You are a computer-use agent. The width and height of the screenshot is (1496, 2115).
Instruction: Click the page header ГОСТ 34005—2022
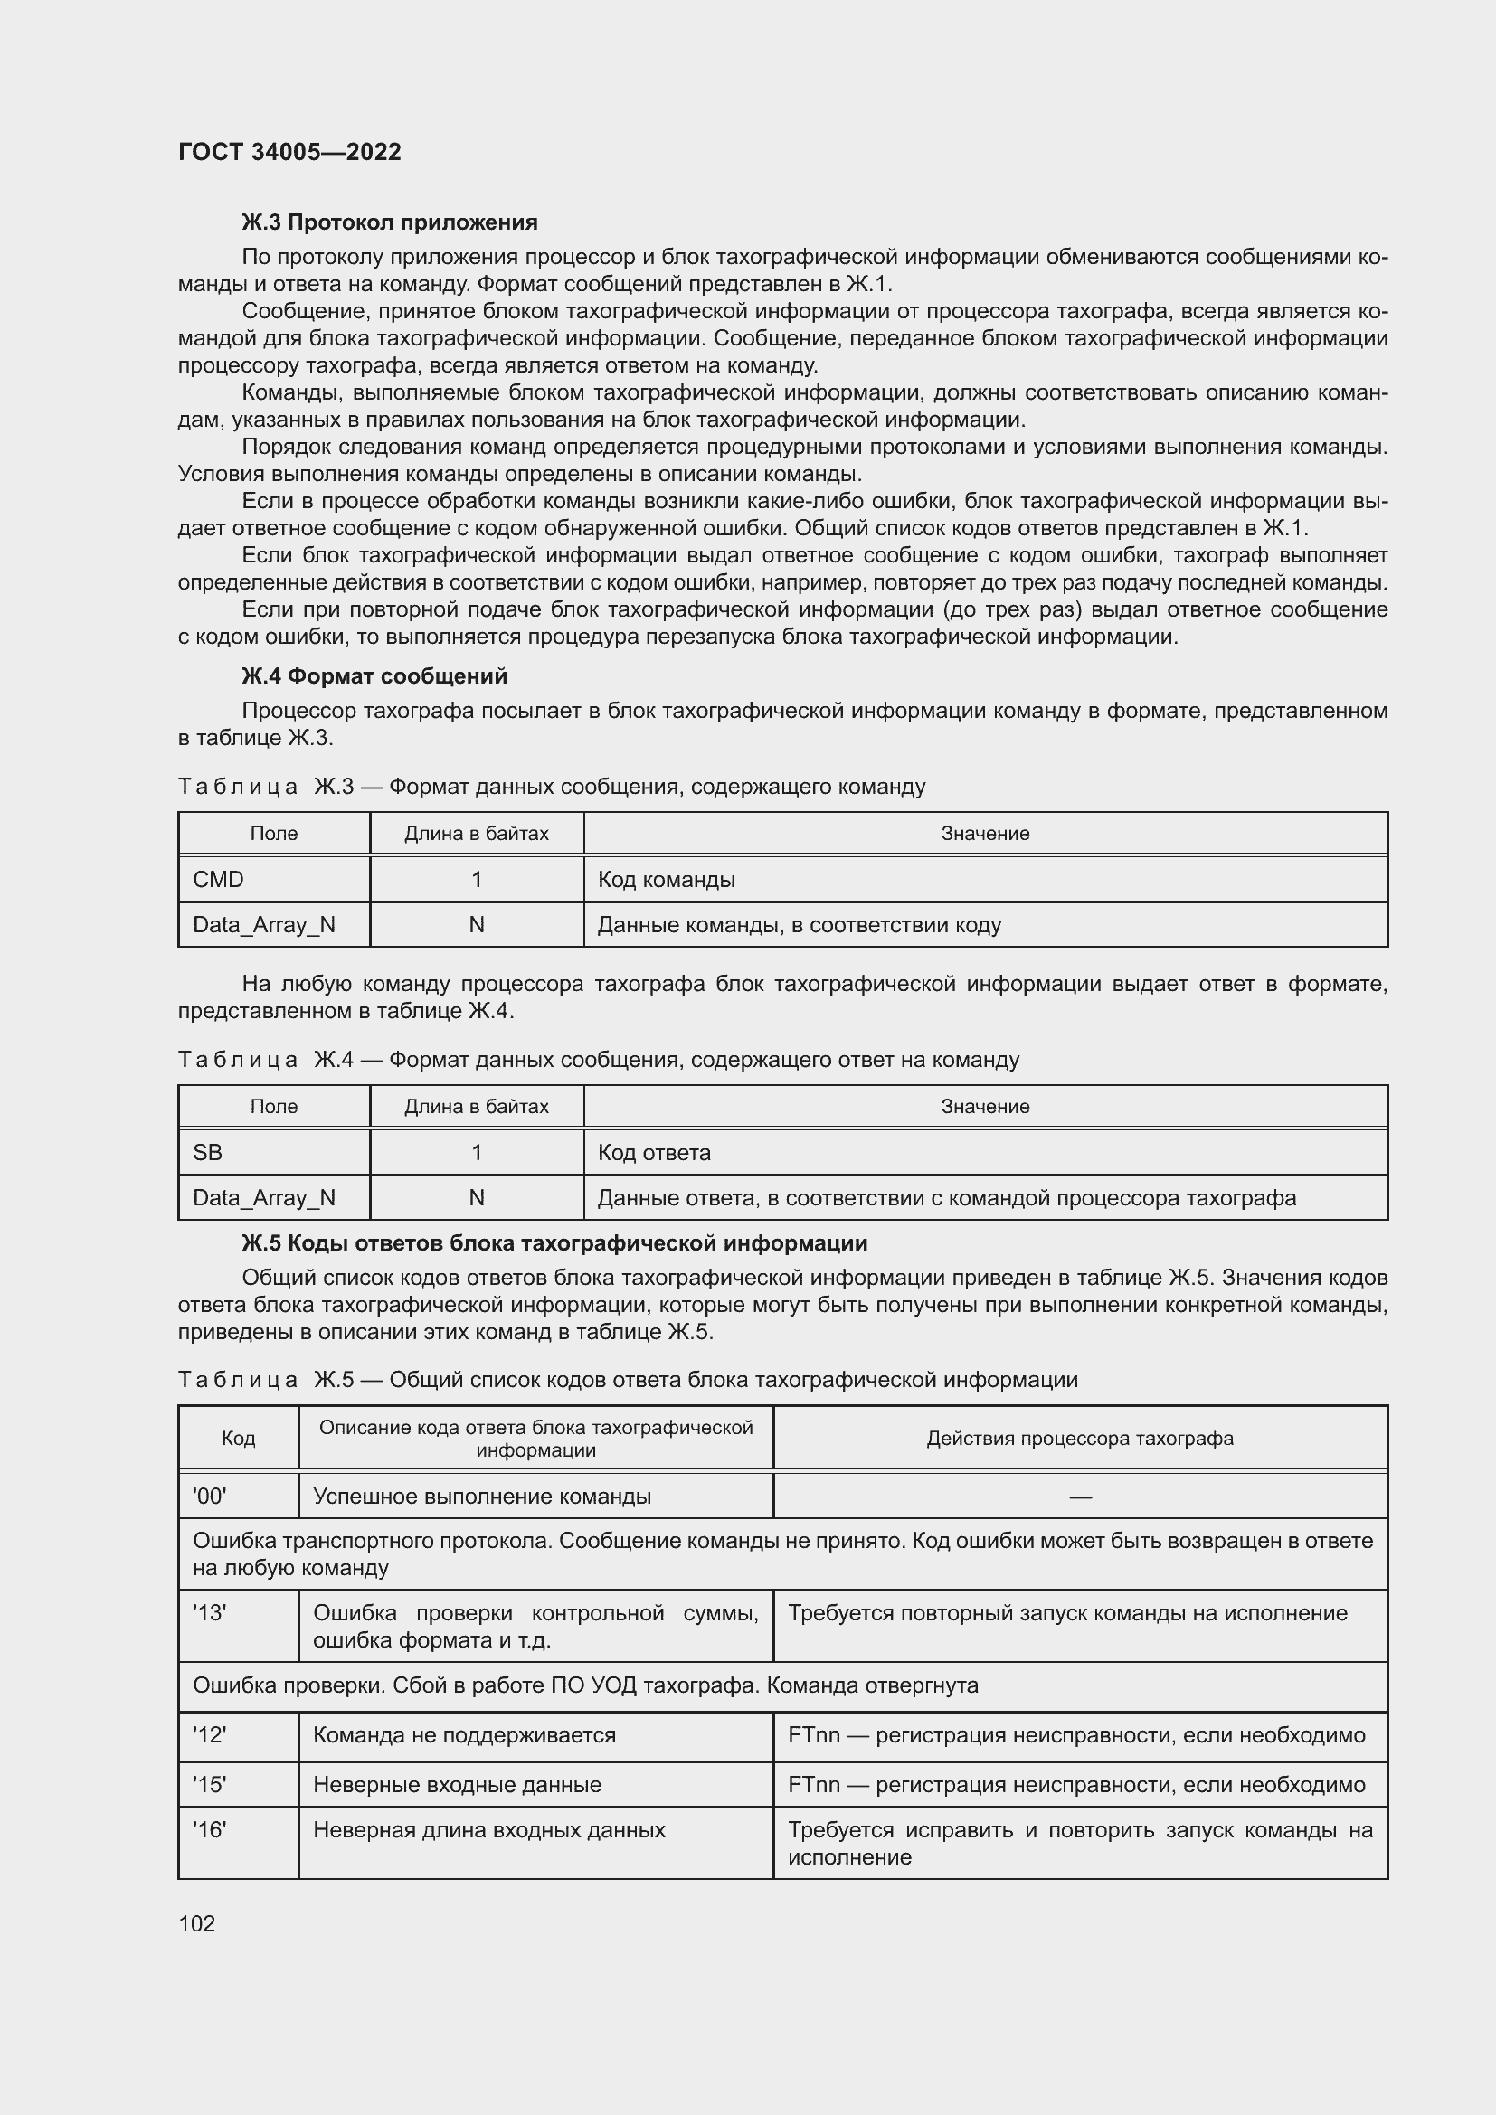[289, 152]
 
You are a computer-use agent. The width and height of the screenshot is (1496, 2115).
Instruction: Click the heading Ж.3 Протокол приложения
[389, 223]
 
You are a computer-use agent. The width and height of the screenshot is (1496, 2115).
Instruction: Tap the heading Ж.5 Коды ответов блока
[554, 1243]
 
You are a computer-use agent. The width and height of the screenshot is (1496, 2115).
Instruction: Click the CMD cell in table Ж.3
[218, 880]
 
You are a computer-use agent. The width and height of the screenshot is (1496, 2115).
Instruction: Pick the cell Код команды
[666, 880]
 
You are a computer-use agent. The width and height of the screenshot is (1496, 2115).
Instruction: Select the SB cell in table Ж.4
[207, 1152]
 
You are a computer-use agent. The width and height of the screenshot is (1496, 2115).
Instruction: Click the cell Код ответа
[654, 1152]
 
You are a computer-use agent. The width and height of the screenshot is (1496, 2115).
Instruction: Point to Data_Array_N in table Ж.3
[263, 925]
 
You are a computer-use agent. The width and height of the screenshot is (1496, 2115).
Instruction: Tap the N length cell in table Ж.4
[477, 1197]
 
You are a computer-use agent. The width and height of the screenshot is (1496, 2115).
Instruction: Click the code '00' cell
[209, 1496]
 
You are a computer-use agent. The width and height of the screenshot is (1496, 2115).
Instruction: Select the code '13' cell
[209, 1613]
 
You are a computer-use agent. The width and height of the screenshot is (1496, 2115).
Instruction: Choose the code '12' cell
[209, 1735]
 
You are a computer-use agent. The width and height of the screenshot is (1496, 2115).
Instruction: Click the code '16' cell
[209, 1830]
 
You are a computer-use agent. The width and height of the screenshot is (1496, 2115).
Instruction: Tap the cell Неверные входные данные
[457, 1785]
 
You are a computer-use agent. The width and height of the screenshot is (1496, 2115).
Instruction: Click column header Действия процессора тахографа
[1080, 1439]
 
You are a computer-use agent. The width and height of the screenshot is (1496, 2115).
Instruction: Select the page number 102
[197, 1923]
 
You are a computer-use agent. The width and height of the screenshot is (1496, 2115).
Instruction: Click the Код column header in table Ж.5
[238, 1439]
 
